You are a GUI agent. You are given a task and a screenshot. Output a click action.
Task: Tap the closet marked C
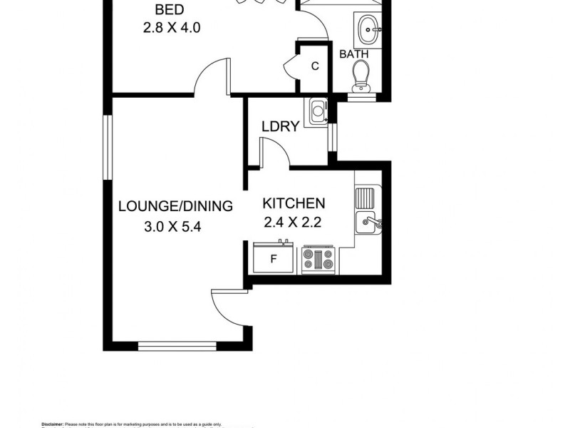point(313,67)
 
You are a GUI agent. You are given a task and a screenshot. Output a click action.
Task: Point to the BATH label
point(353,53)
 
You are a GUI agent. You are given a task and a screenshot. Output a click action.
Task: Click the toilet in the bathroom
point(361,76)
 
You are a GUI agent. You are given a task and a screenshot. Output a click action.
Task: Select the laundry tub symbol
point(316,112)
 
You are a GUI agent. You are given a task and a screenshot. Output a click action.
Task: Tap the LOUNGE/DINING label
point(175,207)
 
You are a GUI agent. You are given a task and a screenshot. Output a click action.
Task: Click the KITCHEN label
point(294,203)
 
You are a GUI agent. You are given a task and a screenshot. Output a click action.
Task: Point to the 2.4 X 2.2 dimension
point(293,223)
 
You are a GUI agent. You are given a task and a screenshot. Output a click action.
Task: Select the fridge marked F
point(273,259)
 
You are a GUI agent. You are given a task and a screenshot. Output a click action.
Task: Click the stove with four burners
point(318,260)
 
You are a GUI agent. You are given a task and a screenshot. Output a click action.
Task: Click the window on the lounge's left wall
point(107,147)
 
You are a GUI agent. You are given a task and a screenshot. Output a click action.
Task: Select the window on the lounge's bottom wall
point(177,347)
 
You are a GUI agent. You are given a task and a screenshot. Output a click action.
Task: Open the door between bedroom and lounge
point(211,78)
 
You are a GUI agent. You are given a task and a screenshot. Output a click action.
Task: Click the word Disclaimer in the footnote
point(53,423)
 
